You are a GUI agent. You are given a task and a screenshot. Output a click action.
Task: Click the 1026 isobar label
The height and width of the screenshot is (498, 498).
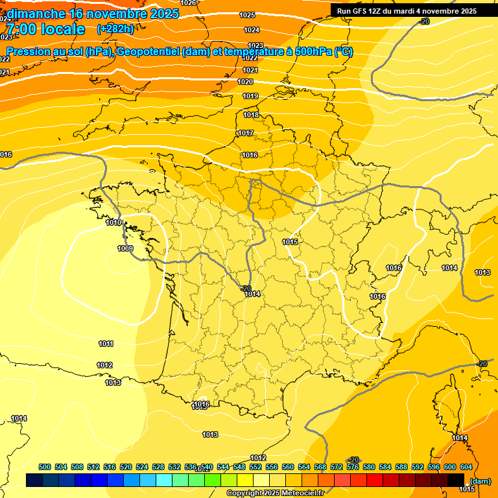[188, 3]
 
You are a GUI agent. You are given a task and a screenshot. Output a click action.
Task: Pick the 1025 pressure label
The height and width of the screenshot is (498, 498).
[247, 15]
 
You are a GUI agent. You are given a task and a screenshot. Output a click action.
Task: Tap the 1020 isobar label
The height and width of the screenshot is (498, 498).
[245, 82]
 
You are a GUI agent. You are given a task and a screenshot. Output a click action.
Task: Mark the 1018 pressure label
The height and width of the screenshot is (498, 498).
[251, 115]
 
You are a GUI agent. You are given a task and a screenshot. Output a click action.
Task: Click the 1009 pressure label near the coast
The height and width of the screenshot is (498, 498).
[125, 248]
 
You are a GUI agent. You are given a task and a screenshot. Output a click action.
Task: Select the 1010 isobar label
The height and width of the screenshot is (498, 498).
[113, 222]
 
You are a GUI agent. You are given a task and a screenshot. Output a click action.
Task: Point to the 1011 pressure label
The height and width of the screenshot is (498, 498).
[106, 344]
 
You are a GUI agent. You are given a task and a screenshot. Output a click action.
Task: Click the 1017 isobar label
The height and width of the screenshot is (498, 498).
[245, 133]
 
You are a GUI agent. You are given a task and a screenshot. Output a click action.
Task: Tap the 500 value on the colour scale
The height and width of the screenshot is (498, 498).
[45, 467]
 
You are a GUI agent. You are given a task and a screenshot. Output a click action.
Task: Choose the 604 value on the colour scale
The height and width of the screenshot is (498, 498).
[466, 467]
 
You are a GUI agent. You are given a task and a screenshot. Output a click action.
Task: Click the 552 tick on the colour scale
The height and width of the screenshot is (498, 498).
[255, 467]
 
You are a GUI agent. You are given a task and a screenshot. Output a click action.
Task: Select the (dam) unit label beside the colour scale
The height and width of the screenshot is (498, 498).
[480, 480]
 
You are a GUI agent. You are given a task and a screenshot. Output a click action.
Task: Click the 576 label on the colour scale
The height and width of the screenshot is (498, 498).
[353, 467]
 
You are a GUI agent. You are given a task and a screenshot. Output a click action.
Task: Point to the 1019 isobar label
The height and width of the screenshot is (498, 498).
[251, 96]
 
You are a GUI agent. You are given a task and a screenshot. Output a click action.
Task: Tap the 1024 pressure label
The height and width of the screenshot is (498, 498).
[252, 30]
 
